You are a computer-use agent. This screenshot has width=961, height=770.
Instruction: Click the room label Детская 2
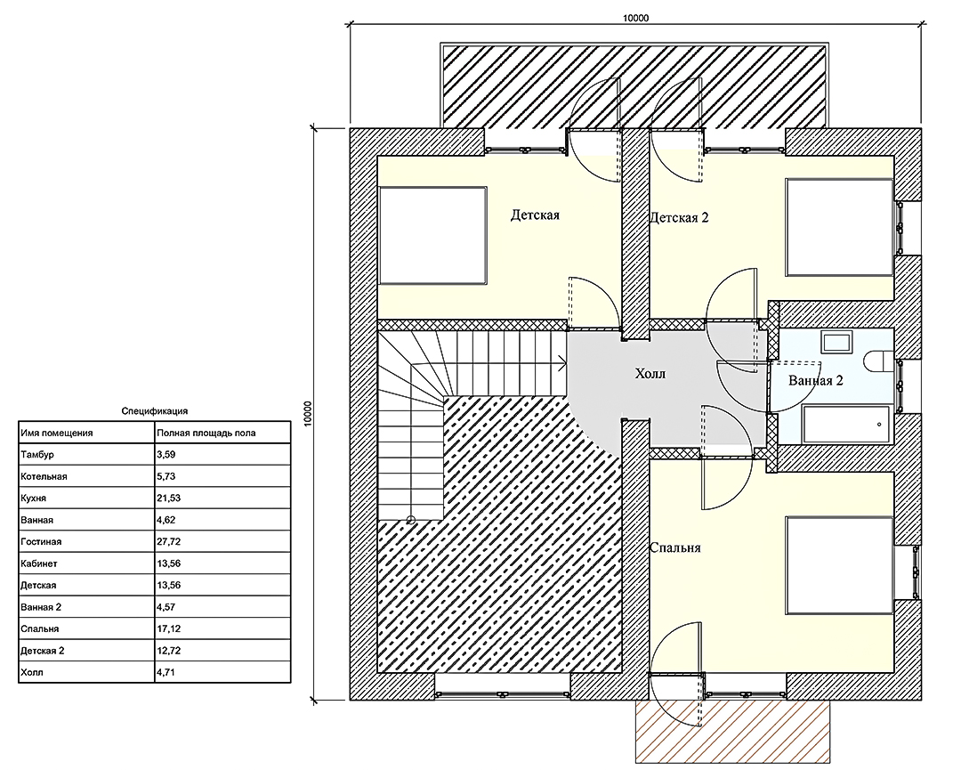click(x=679, y=217)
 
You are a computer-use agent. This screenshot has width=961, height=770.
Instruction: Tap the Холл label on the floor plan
click(x=650, y=373)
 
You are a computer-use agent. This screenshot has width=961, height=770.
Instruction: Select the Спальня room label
click(x=674, y=548)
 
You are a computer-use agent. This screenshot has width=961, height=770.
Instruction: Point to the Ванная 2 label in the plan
click(x=816, y=381)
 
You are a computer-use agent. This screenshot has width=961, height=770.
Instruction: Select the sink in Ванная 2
click(x=836, y=342)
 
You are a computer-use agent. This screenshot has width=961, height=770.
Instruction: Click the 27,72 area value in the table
click(x=168, y=542)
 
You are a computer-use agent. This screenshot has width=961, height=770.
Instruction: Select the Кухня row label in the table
click(x=33, y=498)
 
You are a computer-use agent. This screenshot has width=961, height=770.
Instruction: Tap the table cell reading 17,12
click(x=168, y=629)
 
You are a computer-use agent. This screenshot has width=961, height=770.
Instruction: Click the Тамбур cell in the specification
click(x=37, y=455)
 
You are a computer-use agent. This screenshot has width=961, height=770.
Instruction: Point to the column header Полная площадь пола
click(x=206, y=433)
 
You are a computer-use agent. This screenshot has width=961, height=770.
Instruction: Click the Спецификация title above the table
click(x=155, y=411)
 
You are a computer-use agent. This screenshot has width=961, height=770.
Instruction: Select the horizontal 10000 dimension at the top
click(x=635, y=23)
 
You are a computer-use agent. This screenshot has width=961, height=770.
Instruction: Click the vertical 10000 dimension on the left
click(x=313, y=414)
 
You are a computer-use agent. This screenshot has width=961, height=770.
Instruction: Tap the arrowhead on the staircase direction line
click(x=562, y=364)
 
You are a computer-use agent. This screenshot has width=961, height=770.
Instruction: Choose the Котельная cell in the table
click(x=44, y=476)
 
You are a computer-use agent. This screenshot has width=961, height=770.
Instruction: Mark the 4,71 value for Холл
click(x=166, y=672)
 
